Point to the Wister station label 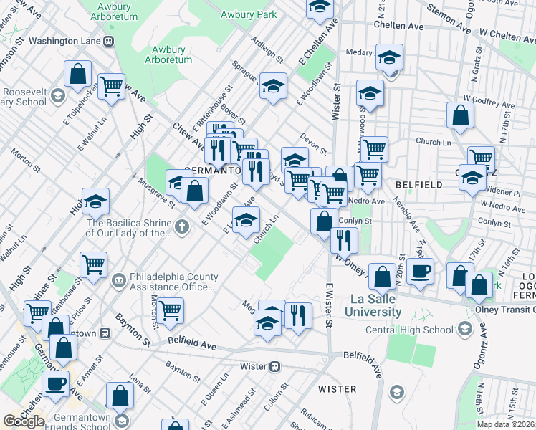(x=254, y=365)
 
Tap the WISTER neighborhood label (x=337, y=389)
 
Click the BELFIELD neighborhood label (x=418, y=185)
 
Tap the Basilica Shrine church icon (x=183, y=228)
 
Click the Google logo (x=24, y=421)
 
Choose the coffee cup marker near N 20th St (x=421, y=272)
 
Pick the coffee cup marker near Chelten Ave (x=54, y=383)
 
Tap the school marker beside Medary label (x=390, y=57)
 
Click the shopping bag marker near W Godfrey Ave (x=460, y=115)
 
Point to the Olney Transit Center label (x=505, y=310)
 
